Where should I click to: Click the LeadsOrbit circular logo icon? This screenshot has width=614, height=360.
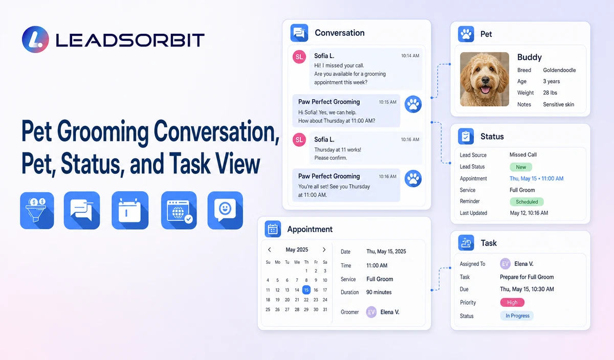pyautogui.click(x=35, y=39)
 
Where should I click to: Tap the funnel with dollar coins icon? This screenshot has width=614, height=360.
pyautogui.click(x=37, y=210)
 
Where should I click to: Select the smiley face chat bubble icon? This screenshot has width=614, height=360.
pyautogui.click(x=225, y=210)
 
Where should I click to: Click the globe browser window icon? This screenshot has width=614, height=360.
pyautogui.click(x=179, y=210)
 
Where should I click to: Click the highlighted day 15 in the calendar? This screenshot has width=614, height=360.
pyautogui.click(x=306, y=290)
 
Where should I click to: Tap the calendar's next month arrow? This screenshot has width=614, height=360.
pyautogui.click(x=324, y=250)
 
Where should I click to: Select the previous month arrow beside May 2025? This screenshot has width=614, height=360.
pyautogui.click(x=270, y=250)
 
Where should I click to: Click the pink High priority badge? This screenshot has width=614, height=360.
pyautogui.click(x=512, y=302)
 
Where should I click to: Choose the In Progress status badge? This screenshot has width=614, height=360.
pyautogui.click(x=517, y=316)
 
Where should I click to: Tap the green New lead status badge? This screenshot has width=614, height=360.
pyautogui.click(x=521, y=167)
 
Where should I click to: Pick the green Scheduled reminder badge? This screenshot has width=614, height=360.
pyautogui.click(x=527, y=201)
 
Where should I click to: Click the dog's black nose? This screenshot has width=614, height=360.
pyautogui.click(x=486, y=80)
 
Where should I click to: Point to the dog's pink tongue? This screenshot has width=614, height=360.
pyautogui.click(x=486, y=89)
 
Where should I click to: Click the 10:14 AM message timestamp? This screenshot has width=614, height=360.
pyautogui.click(x=410, y=56)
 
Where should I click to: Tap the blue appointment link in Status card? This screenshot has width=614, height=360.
pyautogui.click(x=536, y=178)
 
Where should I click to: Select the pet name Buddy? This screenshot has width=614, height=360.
pyautogui.click(x=529, y=57)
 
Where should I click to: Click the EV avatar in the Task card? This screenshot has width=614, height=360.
pyautogui.click(x=505, y=264)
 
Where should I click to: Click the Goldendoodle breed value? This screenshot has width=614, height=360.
pyautogui.click(x=559, y=70)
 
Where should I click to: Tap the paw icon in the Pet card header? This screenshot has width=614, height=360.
pyautogui.click(x=466, y=34)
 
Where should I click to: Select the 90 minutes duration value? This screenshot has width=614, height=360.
pyautogui.click(x=379, y=292)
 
